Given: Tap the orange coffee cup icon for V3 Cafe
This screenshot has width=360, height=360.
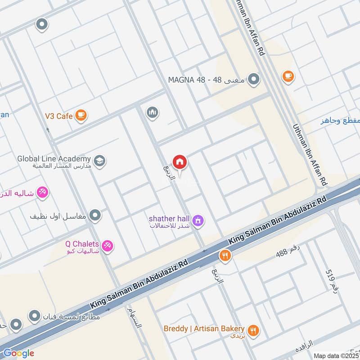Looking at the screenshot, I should pyautogui.click(x=81, y=116).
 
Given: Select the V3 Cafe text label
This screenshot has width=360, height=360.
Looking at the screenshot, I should pyautogui.click(x=58, y=116).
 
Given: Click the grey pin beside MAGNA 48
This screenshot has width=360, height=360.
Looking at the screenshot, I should pyautogui.click(x=254, y=80).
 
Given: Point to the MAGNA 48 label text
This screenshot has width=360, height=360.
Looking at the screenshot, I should pyautogui.click(x=207, y=80).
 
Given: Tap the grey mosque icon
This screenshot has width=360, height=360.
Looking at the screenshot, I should pyautogui.click(x=153, y=112).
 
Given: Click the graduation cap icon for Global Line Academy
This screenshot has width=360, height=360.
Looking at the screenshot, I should pyautogui.click(x=99, y=160).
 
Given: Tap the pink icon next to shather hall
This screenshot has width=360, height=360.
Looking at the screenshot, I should pyautogui.click(x=198, y=220).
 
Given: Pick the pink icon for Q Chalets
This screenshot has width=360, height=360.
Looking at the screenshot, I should pyautogui.click(x=108, y=246).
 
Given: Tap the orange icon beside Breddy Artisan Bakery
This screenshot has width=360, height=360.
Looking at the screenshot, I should pyautogui.click(x=254, y=330).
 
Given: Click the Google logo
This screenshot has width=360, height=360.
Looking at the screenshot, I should pyautogui.click(x=18, y=353).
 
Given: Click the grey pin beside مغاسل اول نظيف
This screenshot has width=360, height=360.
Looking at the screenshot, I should pyautogui.click(x=95, y=216).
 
